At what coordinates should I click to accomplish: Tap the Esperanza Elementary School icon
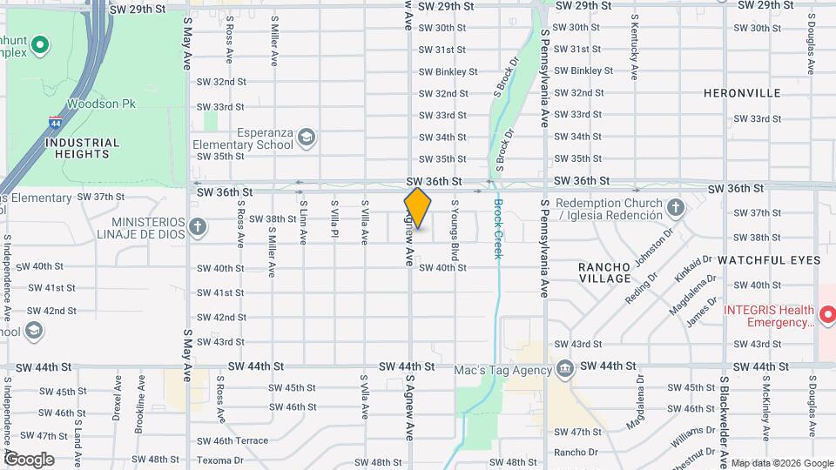[307, 138]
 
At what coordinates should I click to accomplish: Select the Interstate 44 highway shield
[56, 123]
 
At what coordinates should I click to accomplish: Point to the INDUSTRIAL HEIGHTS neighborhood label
[82, 148]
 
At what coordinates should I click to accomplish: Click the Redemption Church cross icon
[676, 207]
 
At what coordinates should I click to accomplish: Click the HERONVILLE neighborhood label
[742, 92]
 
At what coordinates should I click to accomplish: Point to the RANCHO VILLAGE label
[605, 272]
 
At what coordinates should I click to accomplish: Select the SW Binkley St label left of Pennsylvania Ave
[448, 71]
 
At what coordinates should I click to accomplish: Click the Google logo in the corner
[29, 459]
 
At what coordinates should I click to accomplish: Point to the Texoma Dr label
[220, 460]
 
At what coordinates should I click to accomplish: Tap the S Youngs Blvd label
[455, 230]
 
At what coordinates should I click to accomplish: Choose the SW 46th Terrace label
[233, 441]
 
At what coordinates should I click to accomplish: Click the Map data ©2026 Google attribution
[781, 463]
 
